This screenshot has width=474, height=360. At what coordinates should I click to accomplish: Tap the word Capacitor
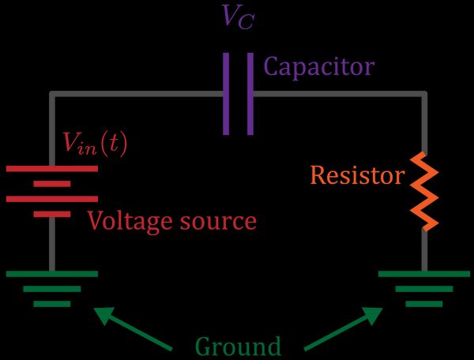[x=318, y=66]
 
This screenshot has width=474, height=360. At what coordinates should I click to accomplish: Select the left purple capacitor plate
[x=226, y=94]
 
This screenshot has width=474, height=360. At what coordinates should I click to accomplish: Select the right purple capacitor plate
[x=250, y=94]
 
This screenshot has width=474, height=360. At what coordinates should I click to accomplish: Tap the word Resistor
[x=357, y=175]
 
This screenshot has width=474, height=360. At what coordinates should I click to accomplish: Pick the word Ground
[x=238, y=347]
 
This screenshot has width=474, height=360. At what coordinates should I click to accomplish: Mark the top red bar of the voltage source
[x=52, y=168]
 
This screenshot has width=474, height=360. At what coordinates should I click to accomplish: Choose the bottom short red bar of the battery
[x=52, y=214]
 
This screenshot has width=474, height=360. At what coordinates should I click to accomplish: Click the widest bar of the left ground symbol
[x=52, y=274]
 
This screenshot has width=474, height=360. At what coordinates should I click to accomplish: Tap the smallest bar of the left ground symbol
[x=52, y=303]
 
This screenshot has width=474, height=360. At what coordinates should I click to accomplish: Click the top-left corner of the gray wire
[x=52, y=94]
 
